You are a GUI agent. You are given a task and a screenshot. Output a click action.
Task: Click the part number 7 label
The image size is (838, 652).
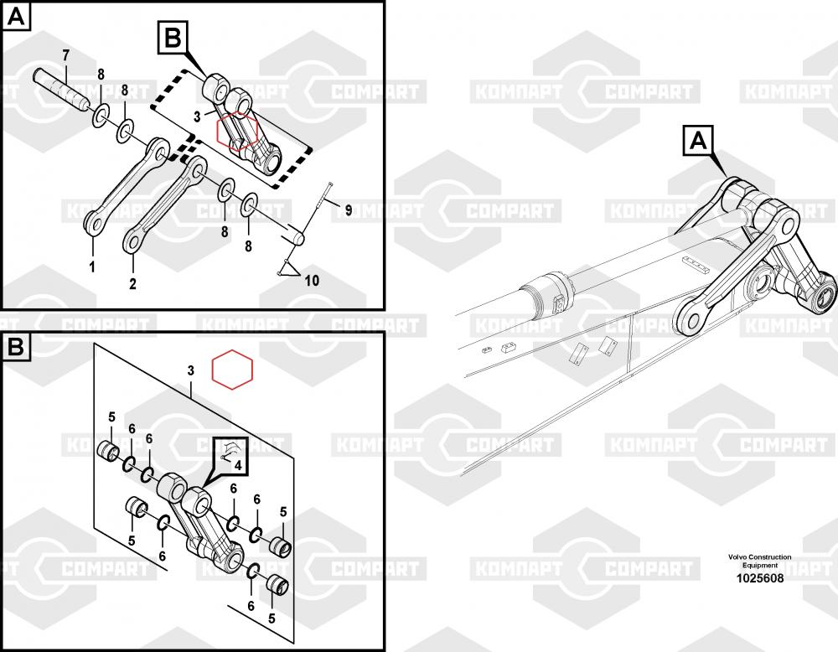click(65, 55)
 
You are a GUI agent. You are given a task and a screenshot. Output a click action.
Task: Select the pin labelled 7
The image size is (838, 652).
click(59, 89)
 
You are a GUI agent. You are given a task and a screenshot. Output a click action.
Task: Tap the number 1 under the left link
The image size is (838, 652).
click(92, 266)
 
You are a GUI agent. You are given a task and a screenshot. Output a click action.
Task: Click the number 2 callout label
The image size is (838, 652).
click(132, 283)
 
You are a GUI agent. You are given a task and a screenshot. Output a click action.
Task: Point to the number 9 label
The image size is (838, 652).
click(348, 210)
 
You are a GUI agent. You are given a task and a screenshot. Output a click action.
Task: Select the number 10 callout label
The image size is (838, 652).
click(312, 280)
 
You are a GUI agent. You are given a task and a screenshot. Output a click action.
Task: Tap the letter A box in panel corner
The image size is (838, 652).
click(17, 17)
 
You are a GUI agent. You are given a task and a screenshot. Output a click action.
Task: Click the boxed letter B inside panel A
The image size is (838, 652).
click(173, 38)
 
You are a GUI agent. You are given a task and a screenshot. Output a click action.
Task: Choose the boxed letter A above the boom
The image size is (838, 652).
click(698, 141)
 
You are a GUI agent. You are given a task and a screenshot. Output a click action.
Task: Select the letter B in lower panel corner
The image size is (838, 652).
click(17, 347)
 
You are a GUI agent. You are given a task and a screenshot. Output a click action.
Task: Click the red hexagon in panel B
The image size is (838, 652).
click(232, 370)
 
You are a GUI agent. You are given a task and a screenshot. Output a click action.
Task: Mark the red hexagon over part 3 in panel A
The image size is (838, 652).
click(238, 131)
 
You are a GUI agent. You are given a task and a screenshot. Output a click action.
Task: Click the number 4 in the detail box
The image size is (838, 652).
click(238, 465)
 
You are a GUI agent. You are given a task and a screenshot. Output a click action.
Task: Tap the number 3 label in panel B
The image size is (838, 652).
click(191, 370)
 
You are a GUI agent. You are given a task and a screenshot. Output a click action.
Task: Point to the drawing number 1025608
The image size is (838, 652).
click(760, 578)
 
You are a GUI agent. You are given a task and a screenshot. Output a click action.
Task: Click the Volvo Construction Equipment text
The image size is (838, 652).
click(759, 561)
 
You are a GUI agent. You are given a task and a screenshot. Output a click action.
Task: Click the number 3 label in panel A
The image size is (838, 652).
click(197, 116)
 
